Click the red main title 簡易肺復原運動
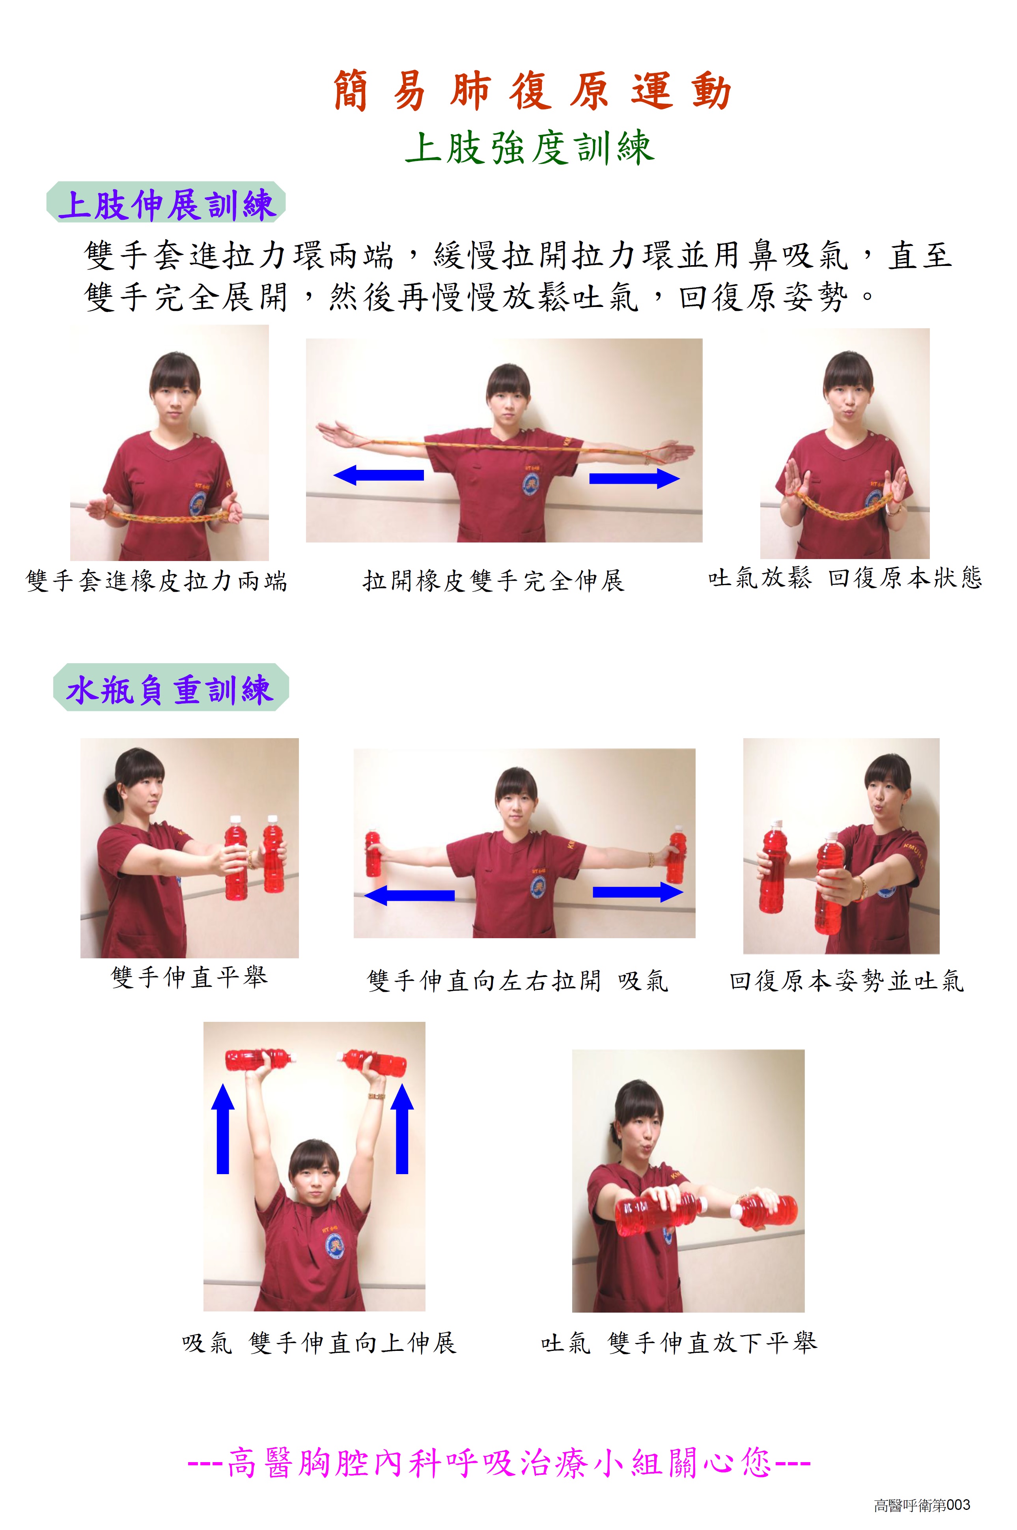click(532, 90)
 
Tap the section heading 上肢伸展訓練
click(167, 204)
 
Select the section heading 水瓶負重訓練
click(169, 689)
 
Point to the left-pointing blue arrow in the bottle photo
click(409, 896)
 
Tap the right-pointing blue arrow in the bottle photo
click(638, 892)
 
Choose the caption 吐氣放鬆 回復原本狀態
click(845, 577)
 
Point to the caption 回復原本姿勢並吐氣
click(846, 980)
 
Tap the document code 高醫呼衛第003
click(922, 1505)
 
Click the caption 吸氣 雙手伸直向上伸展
click(319, 1343)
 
